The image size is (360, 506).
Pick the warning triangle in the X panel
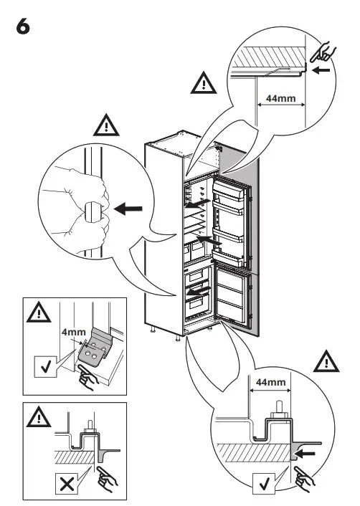click(x=35, y=416)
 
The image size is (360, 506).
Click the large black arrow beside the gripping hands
click(x=128, y=209)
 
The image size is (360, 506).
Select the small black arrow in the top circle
click(x=323, y=71)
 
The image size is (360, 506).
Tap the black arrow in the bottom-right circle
click(x=306, y=453)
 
